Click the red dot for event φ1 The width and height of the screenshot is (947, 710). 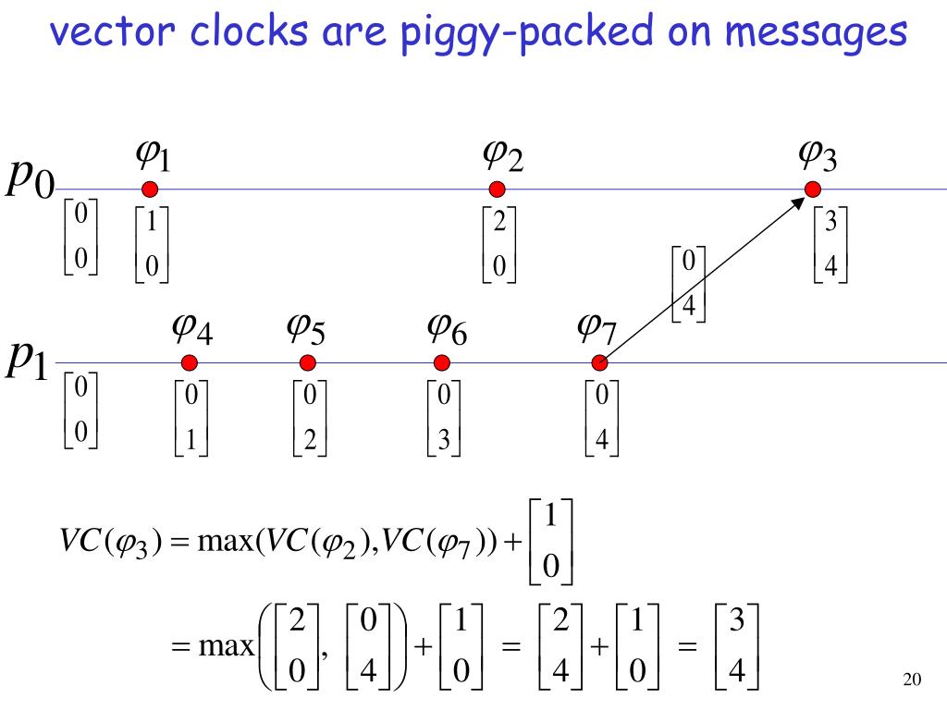150,190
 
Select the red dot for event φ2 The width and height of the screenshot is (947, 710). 497,190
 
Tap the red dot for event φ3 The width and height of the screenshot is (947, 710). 812,190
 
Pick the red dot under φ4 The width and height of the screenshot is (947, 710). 190,362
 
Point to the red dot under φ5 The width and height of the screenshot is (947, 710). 308,362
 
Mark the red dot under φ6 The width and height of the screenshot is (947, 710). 442,362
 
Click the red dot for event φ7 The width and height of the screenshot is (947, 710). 599,362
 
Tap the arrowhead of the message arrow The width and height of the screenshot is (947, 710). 801,199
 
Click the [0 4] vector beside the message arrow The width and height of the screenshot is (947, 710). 688,284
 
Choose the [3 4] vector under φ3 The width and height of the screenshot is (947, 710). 830,245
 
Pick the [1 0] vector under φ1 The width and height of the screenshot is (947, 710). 152,245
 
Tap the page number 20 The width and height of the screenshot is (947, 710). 911,681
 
